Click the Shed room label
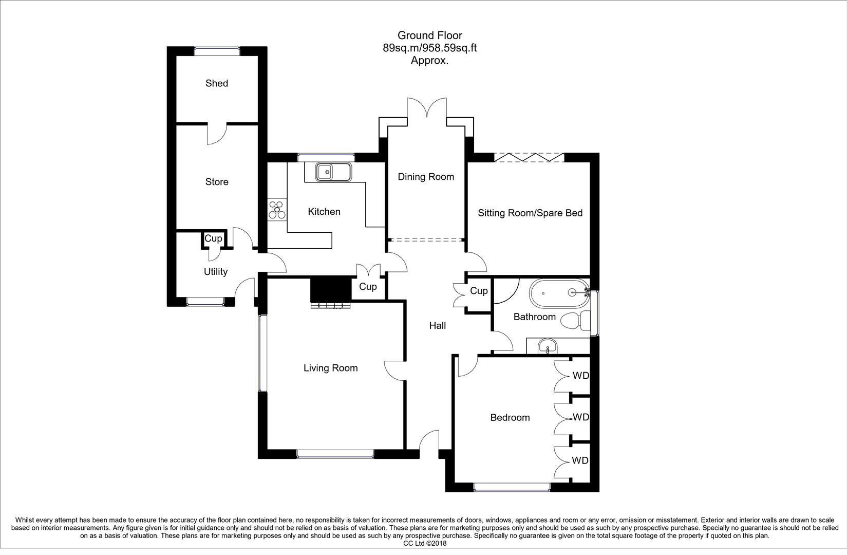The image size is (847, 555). pyautogui.click(x=216, y=83)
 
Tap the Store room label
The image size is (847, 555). pyautogui.click(x=216, y=182)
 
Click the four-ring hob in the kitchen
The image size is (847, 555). pyautogui.click(x=277, y=209)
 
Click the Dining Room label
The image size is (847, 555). pyautogui.click(x=426, y=177)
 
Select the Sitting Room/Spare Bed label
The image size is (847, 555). pyautogui.click(x=530, y=213)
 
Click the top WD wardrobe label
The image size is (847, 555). pyautogui.click(x=580, y=376)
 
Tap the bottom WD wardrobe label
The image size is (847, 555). pyautogui.click(x=580, y=460)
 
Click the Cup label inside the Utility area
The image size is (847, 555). pyautogui.click(x=213, y=238)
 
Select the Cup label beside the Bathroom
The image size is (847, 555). pyautogui.click(x=479, y=291)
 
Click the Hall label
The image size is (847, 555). pyautogui.click(x=437, y=325)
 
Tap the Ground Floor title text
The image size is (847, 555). pyautogui.click(x=429, y=35)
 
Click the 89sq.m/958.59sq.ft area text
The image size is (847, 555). pyautogui.click(x=429, y=48)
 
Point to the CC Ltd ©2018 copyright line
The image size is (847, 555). pyautogui.click(x=425, y=543)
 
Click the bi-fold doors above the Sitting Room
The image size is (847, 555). pyautogui.click(x=529, y=157)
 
